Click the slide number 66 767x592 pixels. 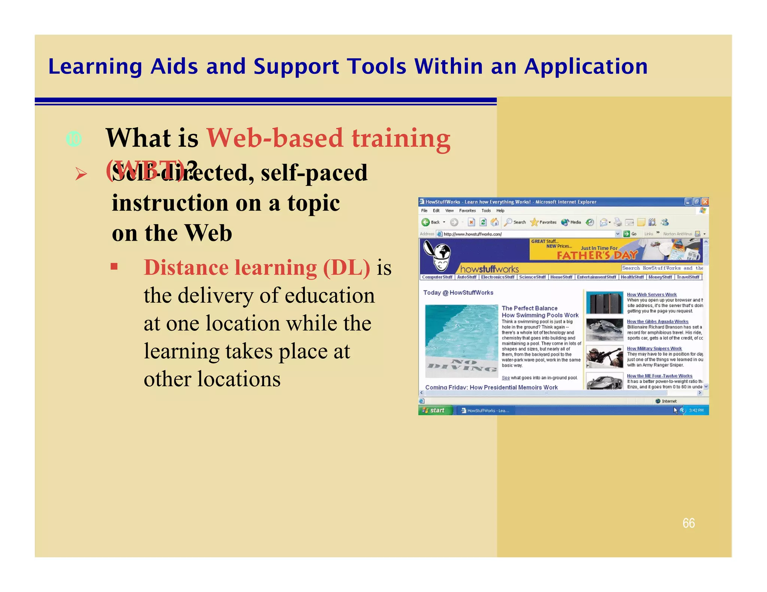tap(688, 523)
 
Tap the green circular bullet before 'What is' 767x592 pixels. tap(74, 139)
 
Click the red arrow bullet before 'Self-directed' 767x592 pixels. tap(81, 174)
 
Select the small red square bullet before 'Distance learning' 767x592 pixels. tap(114, 266)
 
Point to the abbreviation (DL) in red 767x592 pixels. tap(346, 268)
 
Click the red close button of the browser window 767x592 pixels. tap(705, 202)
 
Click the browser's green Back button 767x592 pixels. tap(425, 222)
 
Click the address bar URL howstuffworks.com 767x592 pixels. tap(473, 234)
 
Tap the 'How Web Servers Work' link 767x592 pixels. tap(652, 295)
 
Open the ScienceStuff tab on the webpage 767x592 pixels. tap(532, 277)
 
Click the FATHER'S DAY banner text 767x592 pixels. tap(597, 256)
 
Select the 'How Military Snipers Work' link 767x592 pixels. tap(654, 348)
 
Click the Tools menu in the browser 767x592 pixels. tap(486, 211)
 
